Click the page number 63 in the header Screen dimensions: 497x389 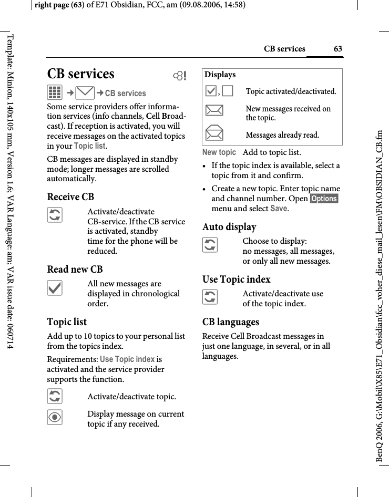[x=337, y=49]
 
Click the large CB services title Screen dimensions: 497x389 [x=80, y=74]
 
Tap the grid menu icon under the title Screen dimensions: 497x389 [x=55, y=93]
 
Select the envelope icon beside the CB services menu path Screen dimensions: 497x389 [x=85, y=93]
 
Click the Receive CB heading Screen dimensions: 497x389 [x=70, y=197]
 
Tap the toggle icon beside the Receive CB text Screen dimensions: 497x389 [x=55, y=214]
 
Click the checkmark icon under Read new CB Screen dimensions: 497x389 [x=55, y=287]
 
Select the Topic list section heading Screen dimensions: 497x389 [x=67, y=322]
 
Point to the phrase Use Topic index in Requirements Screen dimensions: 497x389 [x=127, y=359]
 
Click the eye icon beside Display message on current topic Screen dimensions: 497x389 [x=55, y=417]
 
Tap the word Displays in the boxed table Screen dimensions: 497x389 [x=220, y=75]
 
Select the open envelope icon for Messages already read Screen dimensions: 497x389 [x=214, y=134]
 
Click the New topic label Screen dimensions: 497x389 [x=219, y=152]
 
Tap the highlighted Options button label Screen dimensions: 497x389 [x=324, y=198]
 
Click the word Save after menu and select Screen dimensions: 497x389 [x=279, y=209]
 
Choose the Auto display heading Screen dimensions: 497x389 [x=229, y=227]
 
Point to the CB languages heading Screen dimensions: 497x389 [x=230, y=322]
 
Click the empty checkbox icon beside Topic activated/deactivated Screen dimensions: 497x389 [x=228, y=91]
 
